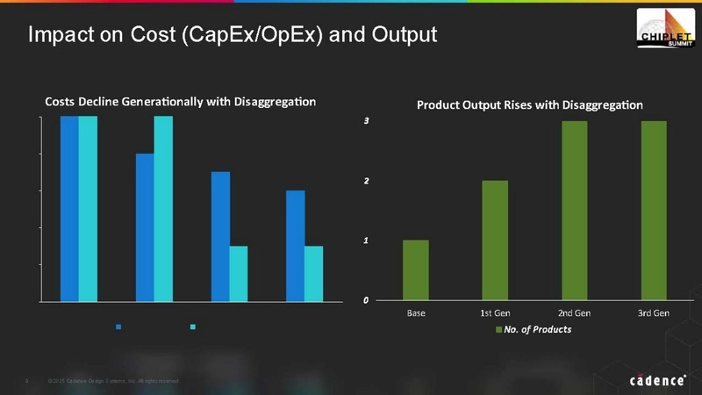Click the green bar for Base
(x=416, y=269)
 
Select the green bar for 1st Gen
(x=495, y=240)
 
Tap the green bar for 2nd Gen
(x=574, y=211)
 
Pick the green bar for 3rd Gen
(x=654, y=211)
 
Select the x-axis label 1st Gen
(x=495, y=312)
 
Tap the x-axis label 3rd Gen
(x=654, y=312)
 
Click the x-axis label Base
(x=416, y=312)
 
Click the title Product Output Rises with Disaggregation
(x=529, y=104)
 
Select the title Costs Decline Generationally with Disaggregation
(x=180, y=102)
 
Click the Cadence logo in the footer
(x=658, y=381)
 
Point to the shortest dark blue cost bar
(x=295, y=245)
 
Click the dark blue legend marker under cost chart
(x=118, y=327)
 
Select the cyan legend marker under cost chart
(x=192, y=327)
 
